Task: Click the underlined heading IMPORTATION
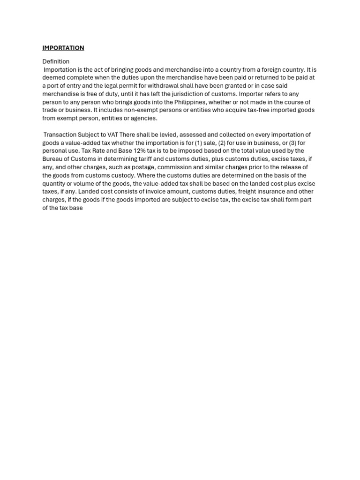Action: point(63,48)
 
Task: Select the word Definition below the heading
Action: point(56,61)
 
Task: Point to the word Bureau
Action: point(53,159)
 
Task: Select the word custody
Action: point(123,175)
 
